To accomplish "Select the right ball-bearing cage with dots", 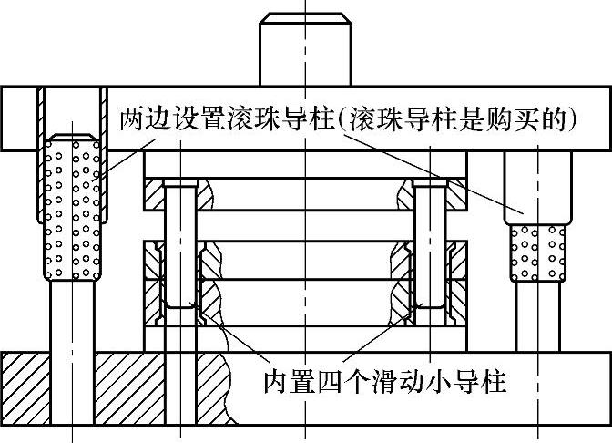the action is coord(537,252).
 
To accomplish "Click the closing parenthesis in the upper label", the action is coord(570,119).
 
